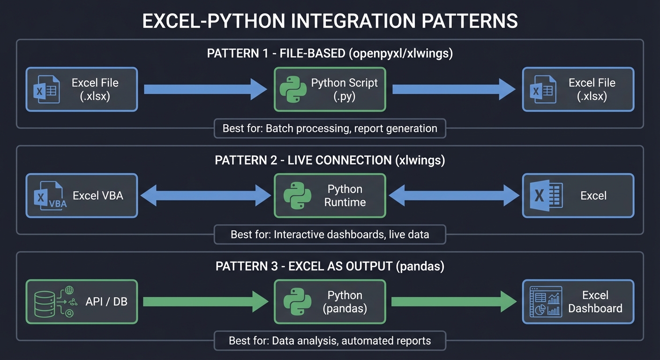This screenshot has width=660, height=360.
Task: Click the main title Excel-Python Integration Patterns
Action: (x=330, y=22)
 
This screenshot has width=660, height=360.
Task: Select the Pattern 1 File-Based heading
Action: (x=330, y=53)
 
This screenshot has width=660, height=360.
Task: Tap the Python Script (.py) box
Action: (x=330, y=90)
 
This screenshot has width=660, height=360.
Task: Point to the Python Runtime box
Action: (x=330, y=196)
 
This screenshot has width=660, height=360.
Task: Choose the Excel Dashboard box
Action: (x=578, y=302)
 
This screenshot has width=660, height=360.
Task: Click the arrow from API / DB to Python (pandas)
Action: (x=205, y=302)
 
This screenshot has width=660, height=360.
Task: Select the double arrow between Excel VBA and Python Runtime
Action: (x=205, y=195)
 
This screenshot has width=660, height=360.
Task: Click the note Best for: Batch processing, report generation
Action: (x=330, y=128)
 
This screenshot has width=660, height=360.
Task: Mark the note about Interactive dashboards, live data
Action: (x=330, y=234)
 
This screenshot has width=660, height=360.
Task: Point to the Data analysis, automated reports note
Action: (x=330, y=341)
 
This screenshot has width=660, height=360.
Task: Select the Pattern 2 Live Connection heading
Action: (x=330, y=160)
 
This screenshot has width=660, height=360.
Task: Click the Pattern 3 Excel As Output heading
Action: (x=330, y=266)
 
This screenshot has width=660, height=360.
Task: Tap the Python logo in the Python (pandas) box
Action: (x=297, y=302)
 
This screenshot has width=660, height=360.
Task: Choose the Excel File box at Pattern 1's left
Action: (x=82, y=90)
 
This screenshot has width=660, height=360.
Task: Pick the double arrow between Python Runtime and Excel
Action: (x=454, y=195)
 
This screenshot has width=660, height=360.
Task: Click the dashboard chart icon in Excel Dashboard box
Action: (x=546, y=302)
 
